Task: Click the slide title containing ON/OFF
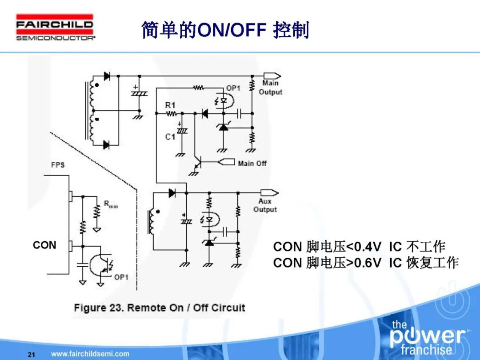tap(225, 30)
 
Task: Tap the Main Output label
tap(270, 88)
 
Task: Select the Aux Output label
tap(265, 205)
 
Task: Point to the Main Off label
tap(252, 163)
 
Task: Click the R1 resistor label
tap(170, 105)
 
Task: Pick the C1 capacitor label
tap(170, 137)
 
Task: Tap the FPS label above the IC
tap(58, 165)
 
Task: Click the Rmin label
tap(111, 204)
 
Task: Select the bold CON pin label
tap(45, 245)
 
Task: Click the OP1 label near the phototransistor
tap(121, 277)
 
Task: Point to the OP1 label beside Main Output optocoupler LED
tap(233, 88)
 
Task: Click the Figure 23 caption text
tap(159, 308)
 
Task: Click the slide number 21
tap(31, 354)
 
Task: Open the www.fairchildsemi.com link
tap(90, 354)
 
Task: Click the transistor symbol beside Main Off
tap(197, 163)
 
